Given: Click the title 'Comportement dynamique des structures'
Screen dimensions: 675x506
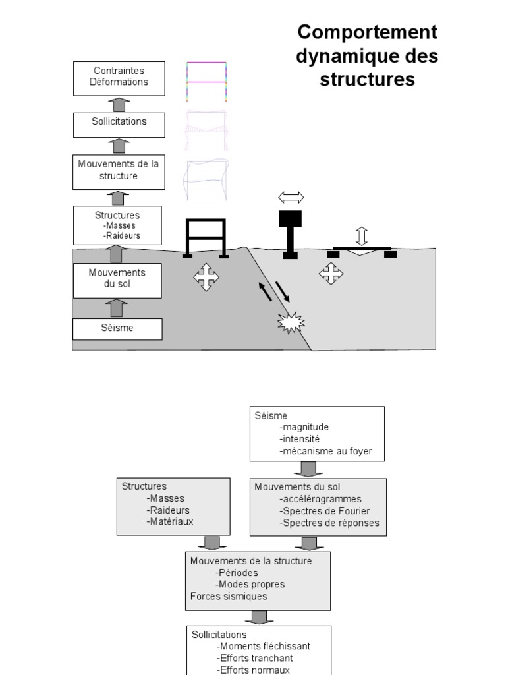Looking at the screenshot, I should [x=367, y=55].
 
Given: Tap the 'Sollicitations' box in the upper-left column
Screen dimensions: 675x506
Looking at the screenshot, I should [x=119, y=122].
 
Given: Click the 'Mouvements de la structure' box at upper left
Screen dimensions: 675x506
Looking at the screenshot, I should [x=119, y=170].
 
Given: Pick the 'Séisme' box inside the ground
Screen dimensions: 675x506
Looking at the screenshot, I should [x=117, y=328].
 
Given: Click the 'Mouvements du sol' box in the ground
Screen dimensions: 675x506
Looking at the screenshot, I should [x=117, y=279].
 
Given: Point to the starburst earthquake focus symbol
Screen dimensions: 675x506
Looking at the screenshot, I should [x=291, y=322].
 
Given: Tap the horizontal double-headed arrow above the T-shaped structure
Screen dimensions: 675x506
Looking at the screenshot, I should [x=291, y=197].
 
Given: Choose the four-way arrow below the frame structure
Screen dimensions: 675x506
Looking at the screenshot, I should [x=206, y=277].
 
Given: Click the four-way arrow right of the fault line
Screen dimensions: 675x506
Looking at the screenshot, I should [x=331, y=273].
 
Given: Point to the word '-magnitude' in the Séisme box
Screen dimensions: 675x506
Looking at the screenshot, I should [x=304, y=427].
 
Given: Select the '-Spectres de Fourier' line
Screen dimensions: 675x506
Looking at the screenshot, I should [x=324, y=511].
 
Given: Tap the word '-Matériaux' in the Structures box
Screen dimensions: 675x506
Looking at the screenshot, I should [x=170, y=521].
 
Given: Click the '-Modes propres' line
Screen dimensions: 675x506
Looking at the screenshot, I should [x=250, y=584].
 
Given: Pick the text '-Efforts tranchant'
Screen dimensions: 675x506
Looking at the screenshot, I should [x=254, y=658].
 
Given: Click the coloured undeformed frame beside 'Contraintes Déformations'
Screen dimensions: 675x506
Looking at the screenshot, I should [x=206, y=82].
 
